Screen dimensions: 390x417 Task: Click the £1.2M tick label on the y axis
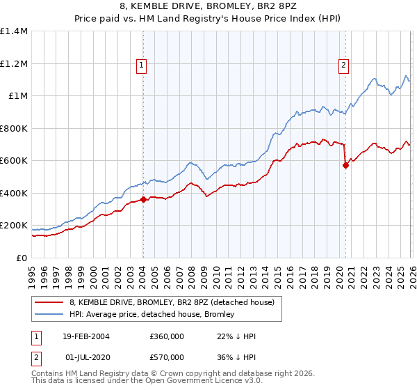coord(14,63)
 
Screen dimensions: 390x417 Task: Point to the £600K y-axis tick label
coord(14,160)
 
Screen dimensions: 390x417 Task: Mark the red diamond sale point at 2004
coord(142,199)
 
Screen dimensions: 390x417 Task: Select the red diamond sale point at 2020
coord(345,165)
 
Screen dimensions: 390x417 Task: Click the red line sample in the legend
coord(49,302)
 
